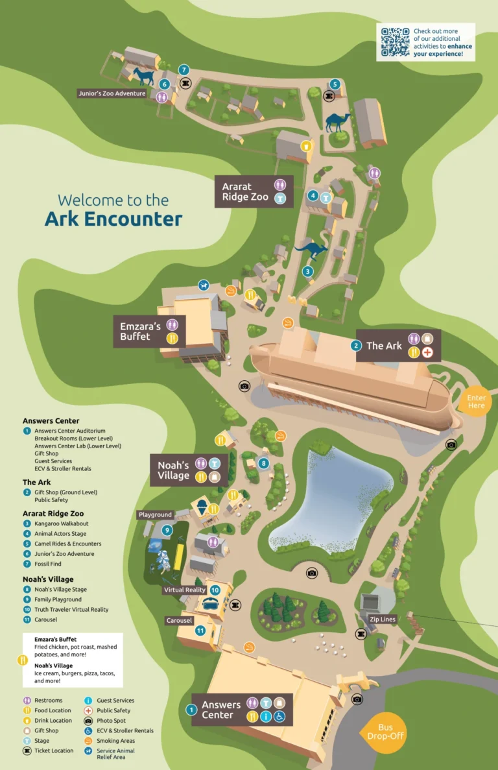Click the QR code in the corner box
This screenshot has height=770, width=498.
tap(394, 42)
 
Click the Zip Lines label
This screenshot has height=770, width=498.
tap(383, 620)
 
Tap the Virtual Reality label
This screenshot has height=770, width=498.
tap(185, 590)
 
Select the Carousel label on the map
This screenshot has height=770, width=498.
tap(179, 621)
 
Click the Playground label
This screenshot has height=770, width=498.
tap(156, 515)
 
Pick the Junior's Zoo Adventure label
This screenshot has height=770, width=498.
tap(112, 93)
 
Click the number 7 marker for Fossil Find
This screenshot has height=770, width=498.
tap(184, 69)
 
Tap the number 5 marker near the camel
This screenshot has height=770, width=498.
tap(335, 84)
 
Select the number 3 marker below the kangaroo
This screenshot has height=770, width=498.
tap(308, 271)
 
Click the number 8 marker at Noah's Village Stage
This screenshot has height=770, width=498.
tap(263, 463)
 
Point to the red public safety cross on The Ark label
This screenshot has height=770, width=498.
tap(427, 353)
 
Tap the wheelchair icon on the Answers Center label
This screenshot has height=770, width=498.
tap(279, 717)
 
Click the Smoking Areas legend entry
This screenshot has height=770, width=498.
tap(115, 741)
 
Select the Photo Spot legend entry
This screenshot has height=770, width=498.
tap(110, 721)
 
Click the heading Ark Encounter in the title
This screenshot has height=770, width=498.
tap(113, 219)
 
